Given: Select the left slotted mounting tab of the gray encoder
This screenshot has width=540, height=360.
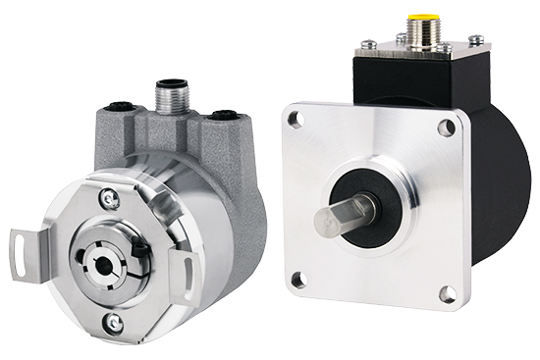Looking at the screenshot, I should tap(24, 244).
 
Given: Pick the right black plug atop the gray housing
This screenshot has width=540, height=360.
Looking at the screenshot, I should tap(226, 116).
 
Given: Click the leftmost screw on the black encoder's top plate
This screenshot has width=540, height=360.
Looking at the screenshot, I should tap(366, 42).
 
